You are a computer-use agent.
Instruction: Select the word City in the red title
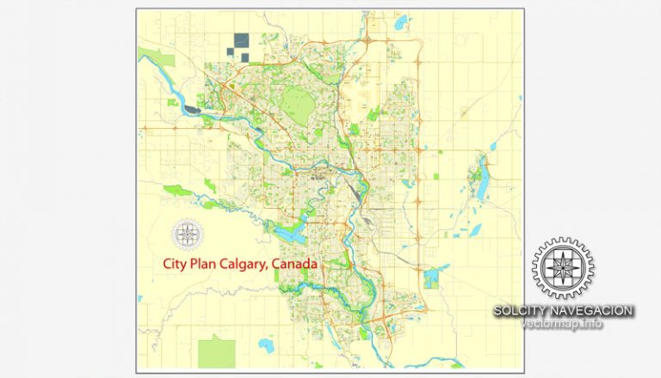click(x=175, y=265)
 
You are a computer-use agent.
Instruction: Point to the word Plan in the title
click(x=204, y=265)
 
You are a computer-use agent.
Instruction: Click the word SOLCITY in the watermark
click(x=523, y=310)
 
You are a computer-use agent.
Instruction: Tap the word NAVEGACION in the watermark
click(x=594, y=310)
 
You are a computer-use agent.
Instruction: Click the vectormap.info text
click(x=562, y=324)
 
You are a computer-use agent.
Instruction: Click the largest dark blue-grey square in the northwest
click(x=240, y=40)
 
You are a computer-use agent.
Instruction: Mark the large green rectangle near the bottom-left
click(x=216, y=352)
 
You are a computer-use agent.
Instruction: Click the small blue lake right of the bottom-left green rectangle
click(x=265, y=345)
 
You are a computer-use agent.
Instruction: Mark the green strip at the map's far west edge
click(x=156, y=58)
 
